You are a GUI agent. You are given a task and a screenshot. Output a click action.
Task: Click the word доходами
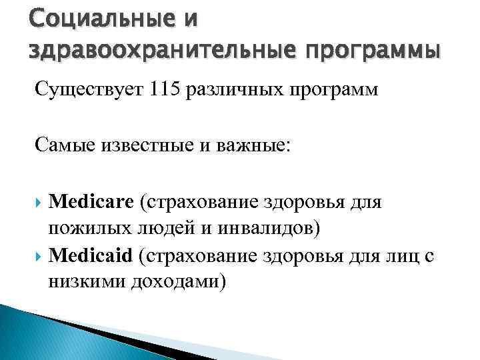[178, 283]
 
